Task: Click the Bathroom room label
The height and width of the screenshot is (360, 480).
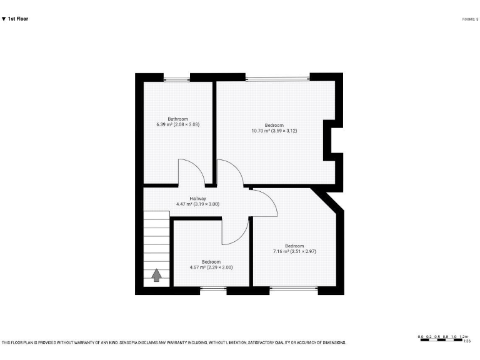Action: click(x=177, y=119)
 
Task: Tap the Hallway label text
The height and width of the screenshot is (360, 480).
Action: click(x=198, y=198)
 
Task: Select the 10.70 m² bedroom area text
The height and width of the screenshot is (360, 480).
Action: click(x=274, y=131)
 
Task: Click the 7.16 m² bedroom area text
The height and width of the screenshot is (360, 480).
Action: click(x=294, y=251)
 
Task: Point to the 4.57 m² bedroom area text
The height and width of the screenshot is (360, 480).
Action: click(x=211, y=267)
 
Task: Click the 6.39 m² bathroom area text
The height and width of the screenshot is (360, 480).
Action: click(x=177, y=124)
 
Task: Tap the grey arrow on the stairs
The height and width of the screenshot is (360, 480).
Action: click(x=156, y=275)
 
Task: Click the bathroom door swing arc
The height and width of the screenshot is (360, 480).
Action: click(x=189, y=171)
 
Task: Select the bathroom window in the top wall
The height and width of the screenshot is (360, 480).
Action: click(x=177, y=77)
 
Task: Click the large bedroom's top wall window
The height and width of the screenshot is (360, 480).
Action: click(x=277, y=77)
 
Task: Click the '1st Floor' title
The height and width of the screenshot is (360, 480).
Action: click(x=17, y=19)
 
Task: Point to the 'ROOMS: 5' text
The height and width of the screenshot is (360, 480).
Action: click(x=469, y=19)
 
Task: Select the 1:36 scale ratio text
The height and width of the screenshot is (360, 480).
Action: click(x=466, y=341)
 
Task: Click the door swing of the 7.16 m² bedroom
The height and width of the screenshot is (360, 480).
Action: click(x=265, y=204)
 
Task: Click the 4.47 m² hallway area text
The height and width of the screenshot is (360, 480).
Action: click(x=197, y=204)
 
